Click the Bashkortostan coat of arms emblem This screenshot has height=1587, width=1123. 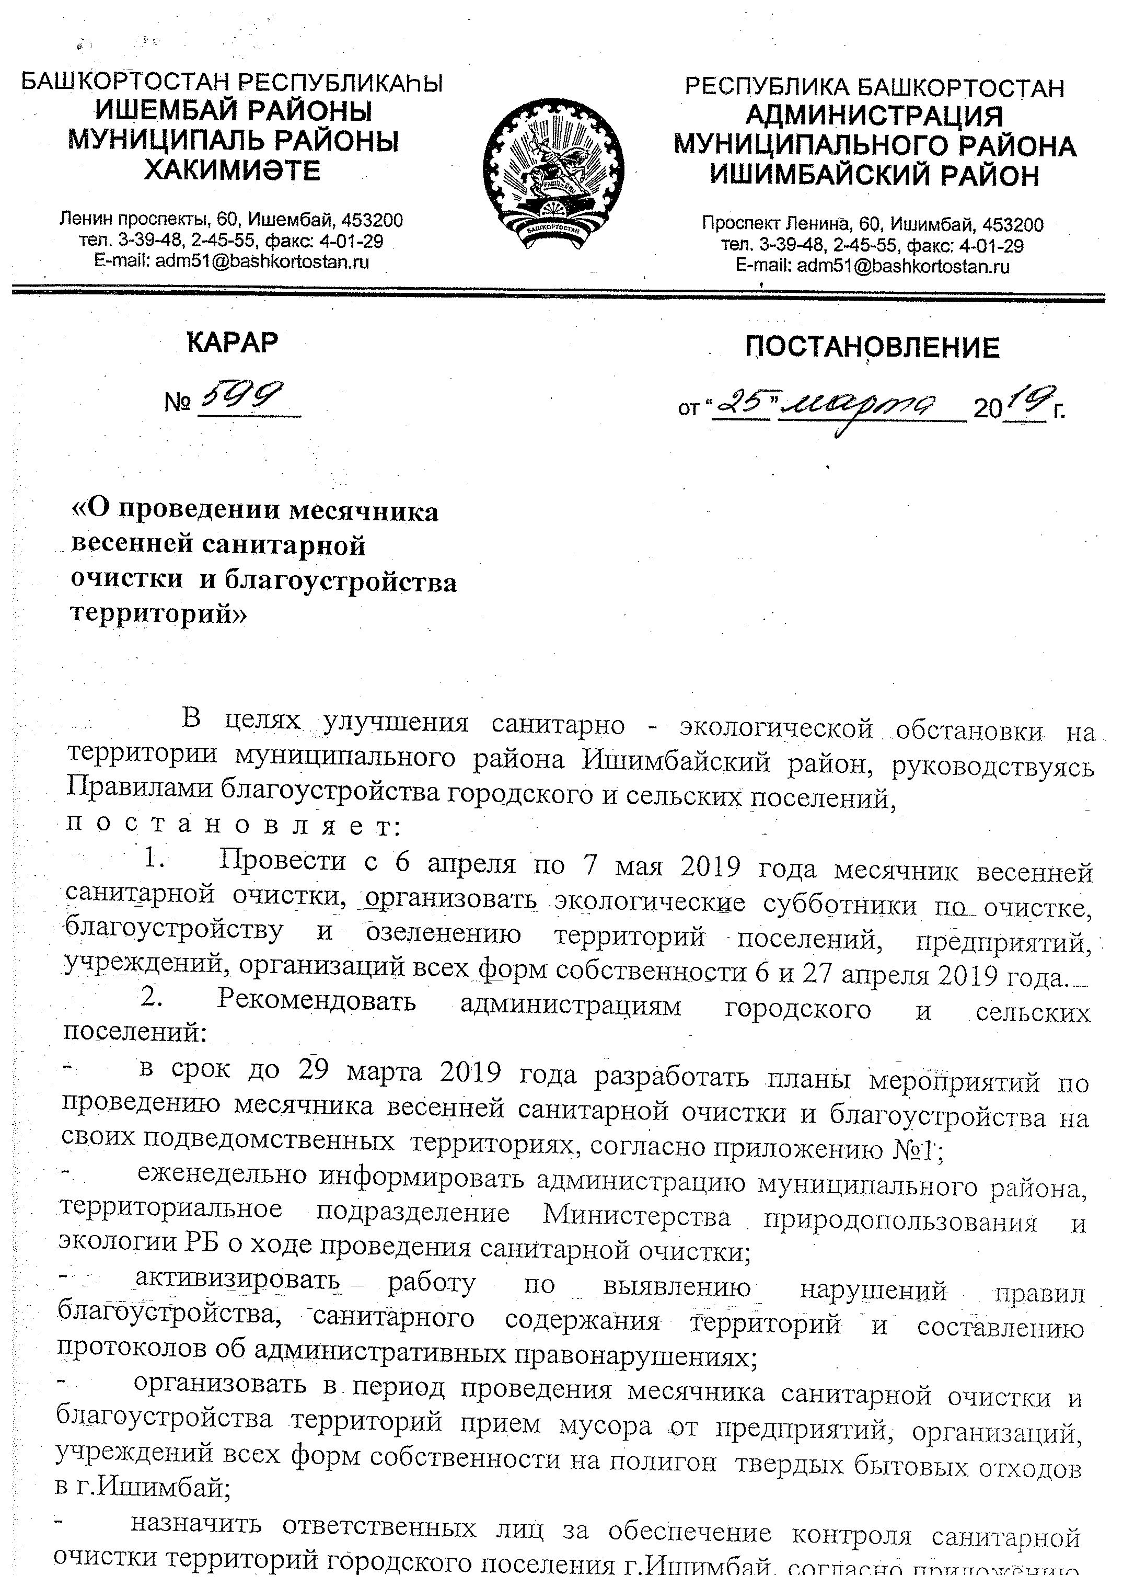553,173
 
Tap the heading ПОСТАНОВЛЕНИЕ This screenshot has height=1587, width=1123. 872,347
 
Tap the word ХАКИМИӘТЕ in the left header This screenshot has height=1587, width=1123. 233,170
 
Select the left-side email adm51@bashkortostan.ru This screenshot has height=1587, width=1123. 231,262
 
